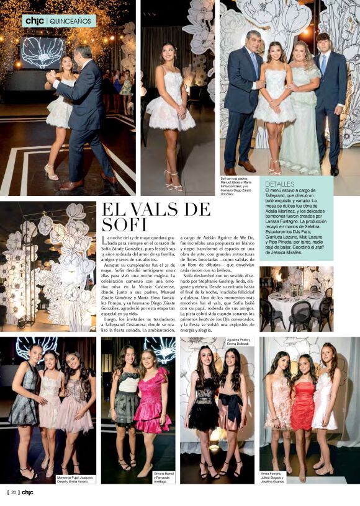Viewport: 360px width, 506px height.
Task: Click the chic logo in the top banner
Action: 34,20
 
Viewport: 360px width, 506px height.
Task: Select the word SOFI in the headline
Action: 124,224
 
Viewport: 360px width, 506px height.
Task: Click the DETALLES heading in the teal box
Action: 280,184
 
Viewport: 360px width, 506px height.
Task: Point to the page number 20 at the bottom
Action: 13,493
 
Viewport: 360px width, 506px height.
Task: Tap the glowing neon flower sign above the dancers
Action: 42,52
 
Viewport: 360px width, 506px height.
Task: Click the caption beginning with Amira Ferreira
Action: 277,476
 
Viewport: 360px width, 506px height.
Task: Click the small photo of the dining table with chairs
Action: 296,299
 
